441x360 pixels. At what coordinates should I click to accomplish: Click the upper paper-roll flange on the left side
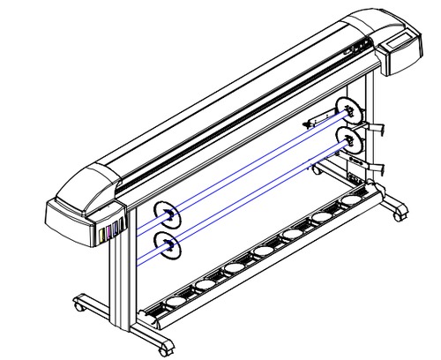165,214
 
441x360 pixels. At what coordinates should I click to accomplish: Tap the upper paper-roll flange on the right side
351,111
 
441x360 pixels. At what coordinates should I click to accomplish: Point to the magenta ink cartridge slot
108,234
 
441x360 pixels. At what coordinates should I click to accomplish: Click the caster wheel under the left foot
81,306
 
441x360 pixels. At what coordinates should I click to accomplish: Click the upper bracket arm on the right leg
377,129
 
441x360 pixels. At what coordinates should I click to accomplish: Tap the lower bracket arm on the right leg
377,164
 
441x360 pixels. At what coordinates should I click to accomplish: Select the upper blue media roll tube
256,163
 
